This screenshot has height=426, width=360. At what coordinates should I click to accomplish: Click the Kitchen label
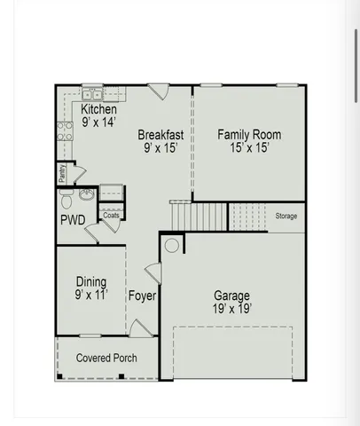(99, 108)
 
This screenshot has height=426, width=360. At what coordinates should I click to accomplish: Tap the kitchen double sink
(93, 93)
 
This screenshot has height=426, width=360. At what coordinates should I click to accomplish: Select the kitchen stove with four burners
(64, 131)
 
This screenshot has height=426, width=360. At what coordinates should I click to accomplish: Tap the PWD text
(72, 219)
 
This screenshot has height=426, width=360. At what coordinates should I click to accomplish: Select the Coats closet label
(111, 215)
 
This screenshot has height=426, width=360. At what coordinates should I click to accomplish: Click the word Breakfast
(160, 135)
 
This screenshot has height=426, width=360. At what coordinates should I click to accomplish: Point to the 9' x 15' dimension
(160, 148)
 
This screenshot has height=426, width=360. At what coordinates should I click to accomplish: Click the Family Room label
(249, 135)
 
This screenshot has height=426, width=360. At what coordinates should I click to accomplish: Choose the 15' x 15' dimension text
(249, 148)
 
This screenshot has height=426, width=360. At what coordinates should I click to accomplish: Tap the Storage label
(286, 216)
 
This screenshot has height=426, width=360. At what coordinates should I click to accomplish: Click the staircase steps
(210, 216)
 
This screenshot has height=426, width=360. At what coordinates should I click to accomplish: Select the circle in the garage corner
(172, 245)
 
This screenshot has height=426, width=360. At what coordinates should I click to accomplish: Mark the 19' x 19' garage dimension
(231, 309)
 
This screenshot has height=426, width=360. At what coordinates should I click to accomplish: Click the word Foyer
(142, 296)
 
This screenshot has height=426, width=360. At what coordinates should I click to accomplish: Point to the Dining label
(91, 280)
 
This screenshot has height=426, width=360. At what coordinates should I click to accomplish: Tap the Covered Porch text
(106, 358)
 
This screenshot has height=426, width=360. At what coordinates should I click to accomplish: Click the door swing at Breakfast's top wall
(159, 91)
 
